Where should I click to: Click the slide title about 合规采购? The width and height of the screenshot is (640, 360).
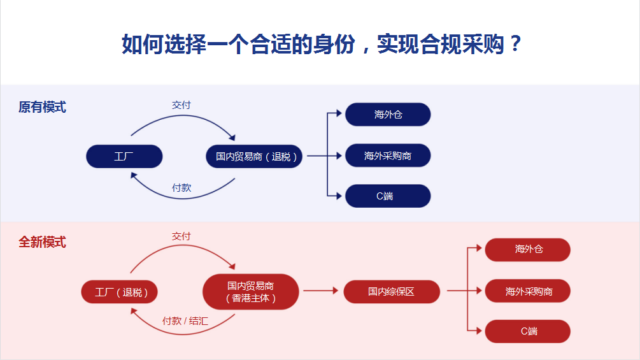(x=322, y=45)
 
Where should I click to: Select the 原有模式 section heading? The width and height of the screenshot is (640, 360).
(x=42, y=107)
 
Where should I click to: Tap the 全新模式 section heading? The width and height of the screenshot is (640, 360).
(x=42, y=243)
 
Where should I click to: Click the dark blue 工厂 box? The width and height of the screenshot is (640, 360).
(x=124, y=156)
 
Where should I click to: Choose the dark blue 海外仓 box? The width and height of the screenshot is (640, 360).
(x=388, y=115)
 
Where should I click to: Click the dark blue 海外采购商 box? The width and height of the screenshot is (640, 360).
(x=388, y=155)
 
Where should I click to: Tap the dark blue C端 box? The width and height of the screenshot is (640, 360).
(x=388, y=196)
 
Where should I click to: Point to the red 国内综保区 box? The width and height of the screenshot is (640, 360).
(x=392, y=292)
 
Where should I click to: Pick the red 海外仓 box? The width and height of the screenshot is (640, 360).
(x=528, y=250)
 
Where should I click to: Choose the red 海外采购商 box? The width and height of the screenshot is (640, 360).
(x=528, y=292)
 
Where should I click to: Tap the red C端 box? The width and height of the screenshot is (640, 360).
(x=528, y=331)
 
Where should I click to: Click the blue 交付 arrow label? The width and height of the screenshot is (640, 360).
(x=181, y=105)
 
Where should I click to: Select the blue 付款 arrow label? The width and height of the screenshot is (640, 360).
(x=181, y=188)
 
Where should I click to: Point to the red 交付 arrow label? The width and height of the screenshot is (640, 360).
(x=181, y=236)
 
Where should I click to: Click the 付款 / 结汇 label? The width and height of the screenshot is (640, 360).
(x=185, y=321)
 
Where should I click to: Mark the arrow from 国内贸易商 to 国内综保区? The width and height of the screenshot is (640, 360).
(x=320, y=291)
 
